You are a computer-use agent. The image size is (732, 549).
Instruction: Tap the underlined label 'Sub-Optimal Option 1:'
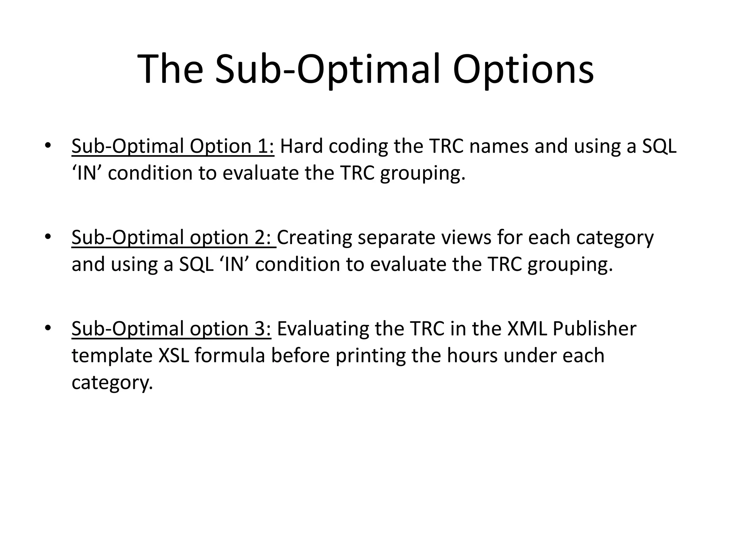pos(173,147)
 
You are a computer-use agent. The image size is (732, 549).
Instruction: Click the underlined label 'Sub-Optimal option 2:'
pos(173,238)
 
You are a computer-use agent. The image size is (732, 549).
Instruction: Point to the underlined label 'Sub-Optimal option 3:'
pos(172,329)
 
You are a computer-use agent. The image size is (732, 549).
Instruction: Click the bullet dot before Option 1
pos(48,145)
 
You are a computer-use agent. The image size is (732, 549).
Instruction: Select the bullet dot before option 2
pos(48,237)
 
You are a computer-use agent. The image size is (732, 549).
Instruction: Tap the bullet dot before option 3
pos(48,328)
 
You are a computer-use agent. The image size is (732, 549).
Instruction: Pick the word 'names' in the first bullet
pos(499,147)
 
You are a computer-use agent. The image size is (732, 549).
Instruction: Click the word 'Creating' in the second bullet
pos(314,238)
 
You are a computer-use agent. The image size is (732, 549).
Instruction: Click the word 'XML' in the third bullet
pos(527,329)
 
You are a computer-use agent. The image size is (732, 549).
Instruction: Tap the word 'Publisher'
pos(594,329)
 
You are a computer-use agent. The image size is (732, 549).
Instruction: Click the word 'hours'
pos(472,356)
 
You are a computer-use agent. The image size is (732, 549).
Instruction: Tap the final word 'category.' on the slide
pos(112,383)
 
